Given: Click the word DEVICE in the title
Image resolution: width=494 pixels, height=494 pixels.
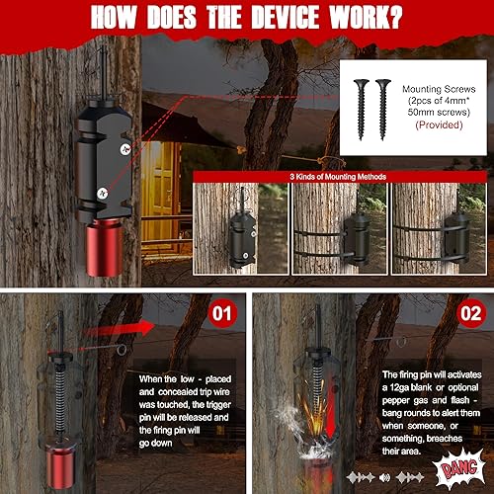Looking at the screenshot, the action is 286,17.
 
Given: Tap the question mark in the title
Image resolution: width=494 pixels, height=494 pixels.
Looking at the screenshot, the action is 393,17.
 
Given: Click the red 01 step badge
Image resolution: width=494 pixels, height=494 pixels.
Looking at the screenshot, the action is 222,313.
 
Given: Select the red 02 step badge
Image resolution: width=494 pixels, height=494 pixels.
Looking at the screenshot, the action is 471,313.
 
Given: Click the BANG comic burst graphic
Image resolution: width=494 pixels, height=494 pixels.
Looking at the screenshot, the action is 459,467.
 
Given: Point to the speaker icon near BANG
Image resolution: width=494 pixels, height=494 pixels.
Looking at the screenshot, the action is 384,477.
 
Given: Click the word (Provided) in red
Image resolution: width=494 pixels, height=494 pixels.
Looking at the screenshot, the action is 439,124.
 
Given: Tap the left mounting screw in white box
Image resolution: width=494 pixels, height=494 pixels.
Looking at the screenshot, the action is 362,110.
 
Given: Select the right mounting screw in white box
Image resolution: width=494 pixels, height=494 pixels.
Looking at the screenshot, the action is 382,110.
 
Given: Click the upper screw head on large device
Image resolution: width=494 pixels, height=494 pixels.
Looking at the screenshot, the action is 125,149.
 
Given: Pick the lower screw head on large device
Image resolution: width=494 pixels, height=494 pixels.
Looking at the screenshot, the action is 103,193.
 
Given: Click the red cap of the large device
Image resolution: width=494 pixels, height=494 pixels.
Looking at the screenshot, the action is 105,248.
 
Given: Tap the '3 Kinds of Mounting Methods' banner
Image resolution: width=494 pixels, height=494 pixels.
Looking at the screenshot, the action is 339,177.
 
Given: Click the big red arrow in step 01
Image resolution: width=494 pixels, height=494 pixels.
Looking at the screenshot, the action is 119,328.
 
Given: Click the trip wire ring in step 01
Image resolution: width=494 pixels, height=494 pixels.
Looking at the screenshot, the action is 122,350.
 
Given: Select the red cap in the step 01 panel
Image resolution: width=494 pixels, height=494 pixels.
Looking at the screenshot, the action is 60,465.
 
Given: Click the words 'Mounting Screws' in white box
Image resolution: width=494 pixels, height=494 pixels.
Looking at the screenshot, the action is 439,89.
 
